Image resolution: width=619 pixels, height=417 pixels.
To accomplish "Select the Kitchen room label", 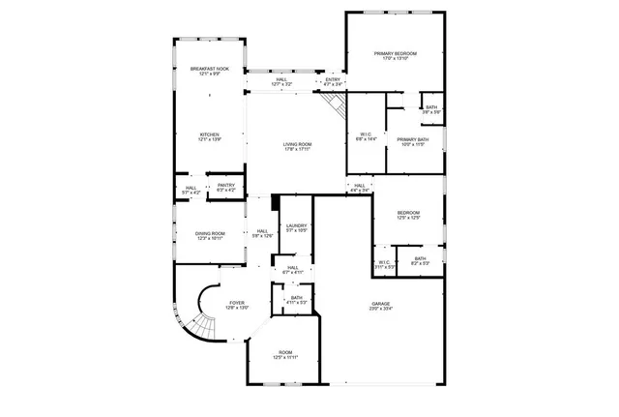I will point(210,136).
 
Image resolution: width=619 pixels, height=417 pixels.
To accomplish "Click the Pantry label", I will point(225,188).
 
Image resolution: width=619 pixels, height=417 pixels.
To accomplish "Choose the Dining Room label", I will point(211,235).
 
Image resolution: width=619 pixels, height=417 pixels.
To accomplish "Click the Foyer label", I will point(237,305).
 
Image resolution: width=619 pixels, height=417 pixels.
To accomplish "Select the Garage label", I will point(381,307).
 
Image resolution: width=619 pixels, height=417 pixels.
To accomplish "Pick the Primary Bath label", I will point(411,142).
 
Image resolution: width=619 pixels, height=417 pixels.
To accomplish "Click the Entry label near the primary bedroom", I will point(333,82).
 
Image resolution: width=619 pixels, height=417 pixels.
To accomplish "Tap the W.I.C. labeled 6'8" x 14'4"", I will point(366,136).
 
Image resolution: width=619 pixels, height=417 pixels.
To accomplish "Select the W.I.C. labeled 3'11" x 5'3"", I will point(384,264).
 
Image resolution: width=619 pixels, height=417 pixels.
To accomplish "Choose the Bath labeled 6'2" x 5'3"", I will point(421,260).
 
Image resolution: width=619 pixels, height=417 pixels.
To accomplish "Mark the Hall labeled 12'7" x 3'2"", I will point(281,82).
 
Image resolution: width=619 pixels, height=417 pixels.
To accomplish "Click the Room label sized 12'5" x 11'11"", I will point(285,355).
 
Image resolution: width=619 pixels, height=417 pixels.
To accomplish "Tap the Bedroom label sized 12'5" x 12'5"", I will point(408,215).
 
